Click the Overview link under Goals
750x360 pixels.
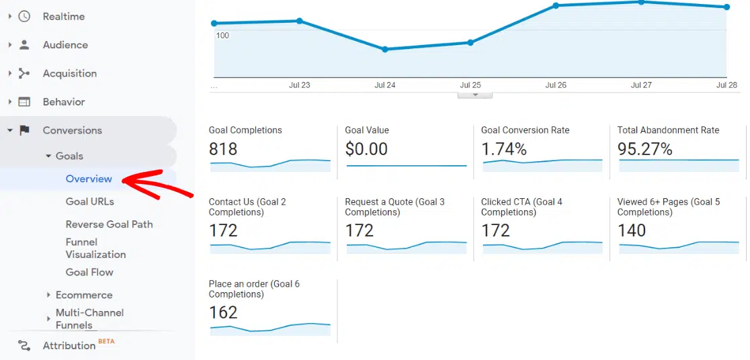89,179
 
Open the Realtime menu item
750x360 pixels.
63,16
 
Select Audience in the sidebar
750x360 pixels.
65,45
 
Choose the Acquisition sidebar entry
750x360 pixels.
69,73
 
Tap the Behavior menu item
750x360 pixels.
64,102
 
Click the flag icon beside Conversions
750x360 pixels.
24,130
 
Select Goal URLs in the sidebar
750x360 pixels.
89,201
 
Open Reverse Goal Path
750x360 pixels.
109,224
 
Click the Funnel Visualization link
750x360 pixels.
95,248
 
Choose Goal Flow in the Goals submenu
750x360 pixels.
89,272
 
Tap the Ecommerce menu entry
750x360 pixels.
84,295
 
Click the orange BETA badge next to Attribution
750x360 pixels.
106,341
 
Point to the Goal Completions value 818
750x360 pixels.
223,149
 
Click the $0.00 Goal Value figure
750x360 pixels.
366,149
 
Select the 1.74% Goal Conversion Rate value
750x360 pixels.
504,149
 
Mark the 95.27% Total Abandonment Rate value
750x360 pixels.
644,149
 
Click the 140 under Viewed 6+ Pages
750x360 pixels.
632,230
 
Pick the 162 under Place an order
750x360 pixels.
223,312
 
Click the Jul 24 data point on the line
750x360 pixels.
385,49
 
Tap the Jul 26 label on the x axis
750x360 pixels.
556,85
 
